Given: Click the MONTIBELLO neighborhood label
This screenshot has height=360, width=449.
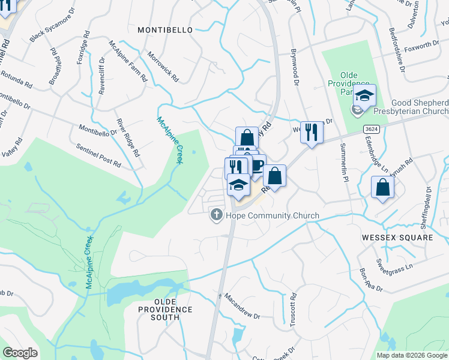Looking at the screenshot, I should point(165,29).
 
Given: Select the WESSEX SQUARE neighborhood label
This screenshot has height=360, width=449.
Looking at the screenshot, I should point(397,238).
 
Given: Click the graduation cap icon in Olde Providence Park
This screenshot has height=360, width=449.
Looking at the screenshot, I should point(364,95).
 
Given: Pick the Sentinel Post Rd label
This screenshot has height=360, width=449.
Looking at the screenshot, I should point(98,154).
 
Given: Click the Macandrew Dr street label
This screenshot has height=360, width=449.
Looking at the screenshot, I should point(242,306).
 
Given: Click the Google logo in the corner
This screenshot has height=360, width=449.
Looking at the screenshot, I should point(20,353).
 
